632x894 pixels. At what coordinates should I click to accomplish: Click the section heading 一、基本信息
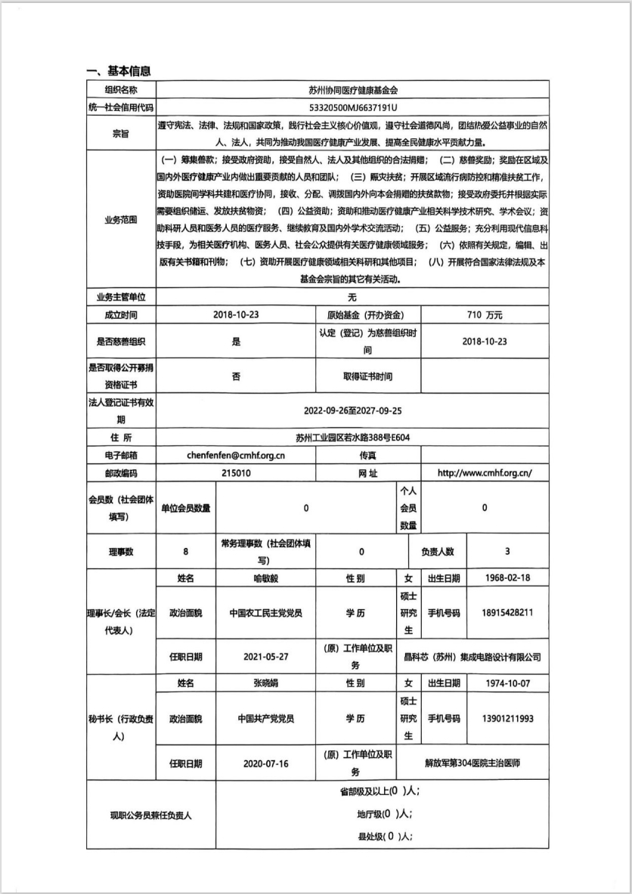[x=119, y=71]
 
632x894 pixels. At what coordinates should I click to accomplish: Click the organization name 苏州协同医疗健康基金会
[x=352, y=89]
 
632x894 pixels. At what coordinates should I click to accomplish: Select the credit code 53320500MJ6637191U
[x=352, y=107]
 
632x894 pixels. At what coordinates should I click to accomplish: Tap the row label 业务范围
[x=119, y=220]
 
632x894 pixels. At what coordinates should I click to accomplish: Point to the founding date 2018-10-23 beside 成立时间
[x=236, y=314]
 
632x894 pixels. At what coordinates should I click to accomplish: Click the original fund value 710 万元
[x=485, y=314]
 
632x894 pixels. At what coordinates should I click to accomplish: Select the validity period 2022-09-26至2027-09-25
[x=352, y=412]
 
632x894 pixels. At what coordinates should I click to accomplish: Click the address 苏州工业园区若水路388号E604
[x=352, y=437]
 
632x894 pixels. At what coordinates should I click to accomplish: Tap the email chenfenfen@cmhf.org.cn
[x=236, y=456]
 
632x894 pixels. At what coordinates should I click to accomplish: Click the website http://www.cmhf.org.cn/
[x=485, y=473]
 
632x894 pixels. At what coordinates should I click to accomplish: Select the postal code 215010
[x=236, y=473]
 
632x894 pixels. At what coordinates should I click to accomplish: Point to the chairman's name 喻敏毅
[x=265, y=578]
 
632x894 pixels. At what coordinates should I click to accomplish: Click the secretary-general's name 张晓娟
[x=265, y=683]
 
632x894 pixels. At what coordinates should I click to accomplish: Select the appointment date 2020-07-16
[x=265, y=763]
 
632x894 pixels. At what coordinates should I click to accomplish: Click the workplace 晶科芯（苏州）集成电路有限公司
[x=472, y=657]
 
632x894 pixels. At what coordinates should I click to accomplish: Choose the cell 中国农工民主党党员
[x=265, y=612]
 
